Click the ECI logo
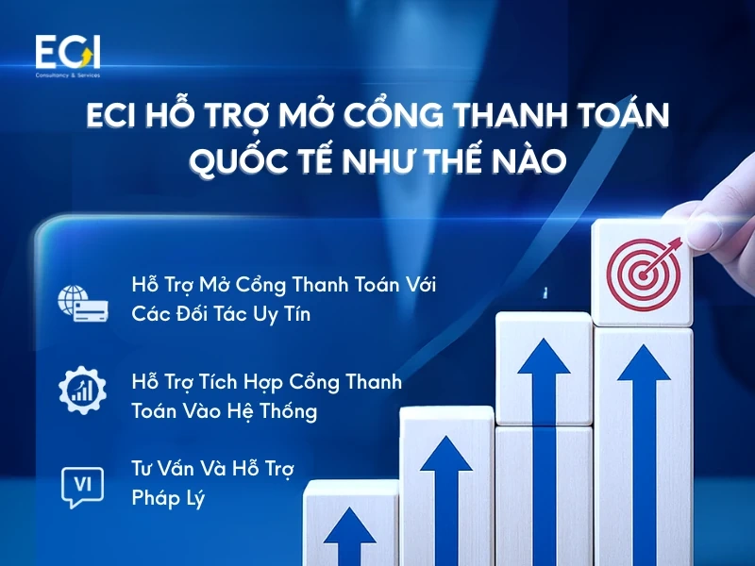point(67,52)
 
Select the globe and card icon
point(80,299)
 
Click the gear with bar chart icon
point(80,393)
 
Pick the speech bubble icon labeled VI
point(80,485)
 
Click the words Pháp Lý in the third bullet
point(168,498)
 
